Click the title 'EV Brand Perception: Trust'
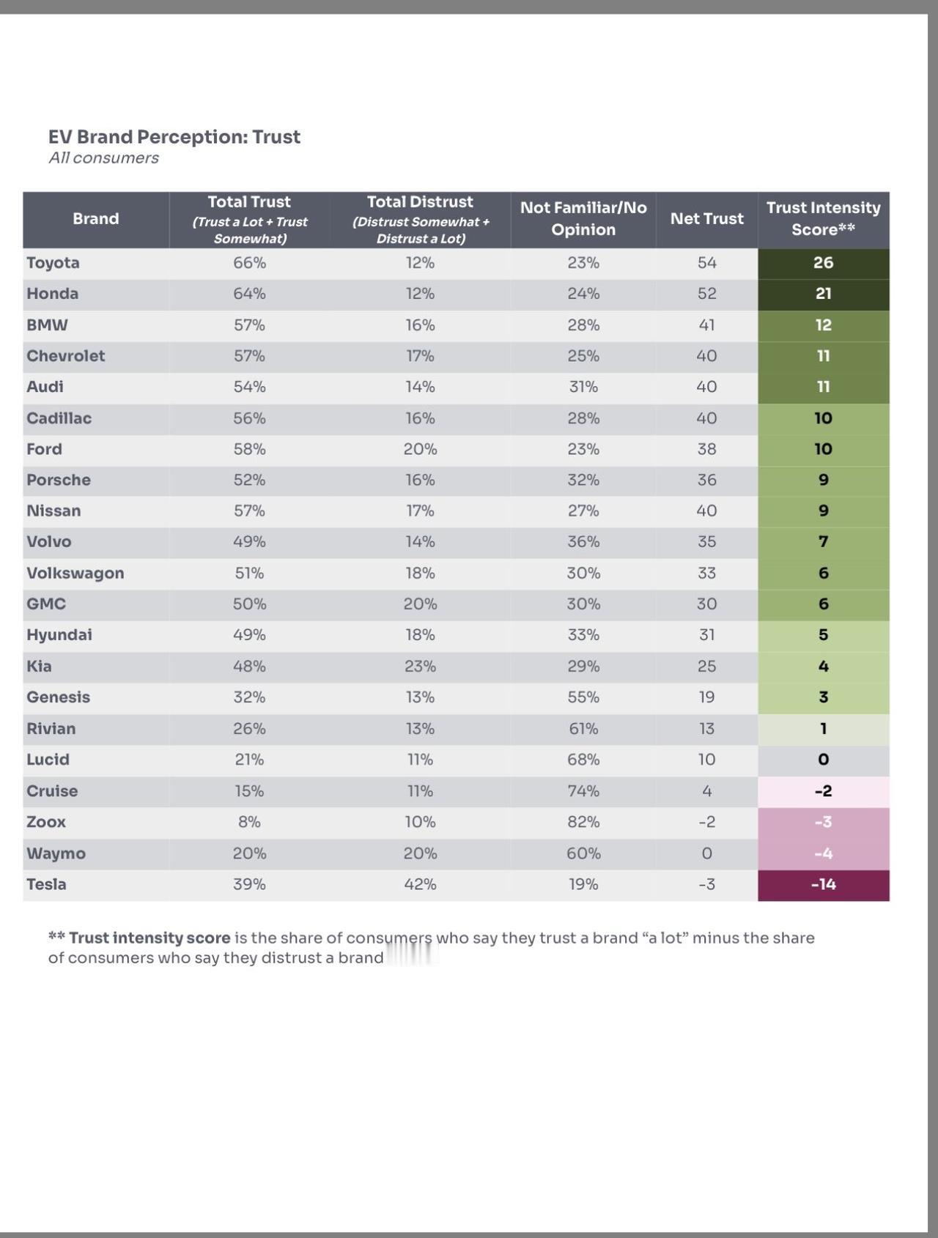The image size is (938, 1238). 174,137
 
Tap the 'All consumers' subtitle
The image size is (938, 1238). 103,158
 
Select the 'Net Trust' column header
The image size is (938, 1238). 706,219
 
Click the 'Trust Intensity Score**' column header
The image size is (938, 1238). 823,219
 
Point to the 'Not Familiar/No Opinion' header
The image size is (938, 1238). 583,219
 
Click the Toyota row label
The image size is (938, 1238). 53,263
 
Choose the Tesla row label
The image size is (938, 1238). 46,884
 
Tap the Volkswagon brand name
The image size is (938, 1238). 75,573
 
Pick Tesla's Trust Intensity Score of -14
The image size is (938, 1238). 823,884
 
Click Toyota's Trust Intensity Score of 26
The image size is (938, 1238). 823,263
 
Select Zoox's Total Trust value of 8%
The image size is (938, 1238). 249,822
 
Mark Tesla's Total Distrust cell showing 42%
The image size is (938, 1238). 420,884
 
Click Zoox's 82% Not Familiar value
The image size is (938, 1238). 583,822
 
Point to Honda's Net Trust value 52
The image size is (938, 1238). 706,294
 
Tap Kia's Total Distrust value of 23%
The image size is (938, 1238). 420,666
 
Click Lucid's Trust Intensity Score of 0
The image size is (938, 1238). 823,760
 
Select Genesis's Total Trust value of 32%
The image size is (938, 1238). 249,697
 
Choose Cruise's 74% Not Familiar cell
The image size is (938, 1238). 583,791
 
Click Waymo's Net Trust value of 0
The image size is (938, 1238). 706,853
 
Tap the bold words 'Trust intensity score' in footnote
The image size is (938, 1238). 149,938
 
